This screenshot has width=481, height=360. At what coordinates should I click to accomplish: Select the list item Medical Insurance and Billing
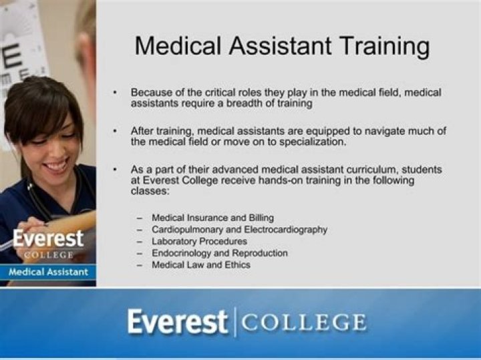coord(212,218)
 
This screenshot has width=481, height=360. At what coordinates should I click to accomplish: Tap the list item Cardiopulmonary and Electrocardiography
coord(239,230)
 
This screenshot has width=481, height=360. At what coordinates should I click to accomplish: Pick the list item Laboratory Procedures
coord(199,241)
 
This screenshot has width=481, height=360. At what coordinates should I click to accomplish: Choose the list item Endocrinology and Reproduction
coord(220,253)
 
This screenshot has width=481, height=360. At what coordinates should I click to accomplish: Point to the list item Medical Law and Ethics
coord(201,265)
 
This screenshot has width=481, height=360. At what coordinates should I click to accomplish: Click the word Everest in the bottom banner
coord(177,323)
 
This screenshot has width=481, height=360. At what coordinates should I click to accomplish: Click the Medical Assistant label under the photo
coord(48,272)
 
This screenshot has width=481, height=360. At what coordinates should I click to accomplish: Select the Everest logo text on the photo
coord(48,238)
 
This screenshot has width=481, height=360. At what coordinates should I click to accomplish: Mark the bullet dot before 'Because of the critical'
coord(115,93)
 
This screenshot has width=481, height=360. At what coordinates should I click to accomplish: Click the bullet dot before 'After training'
coord(115,131)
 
